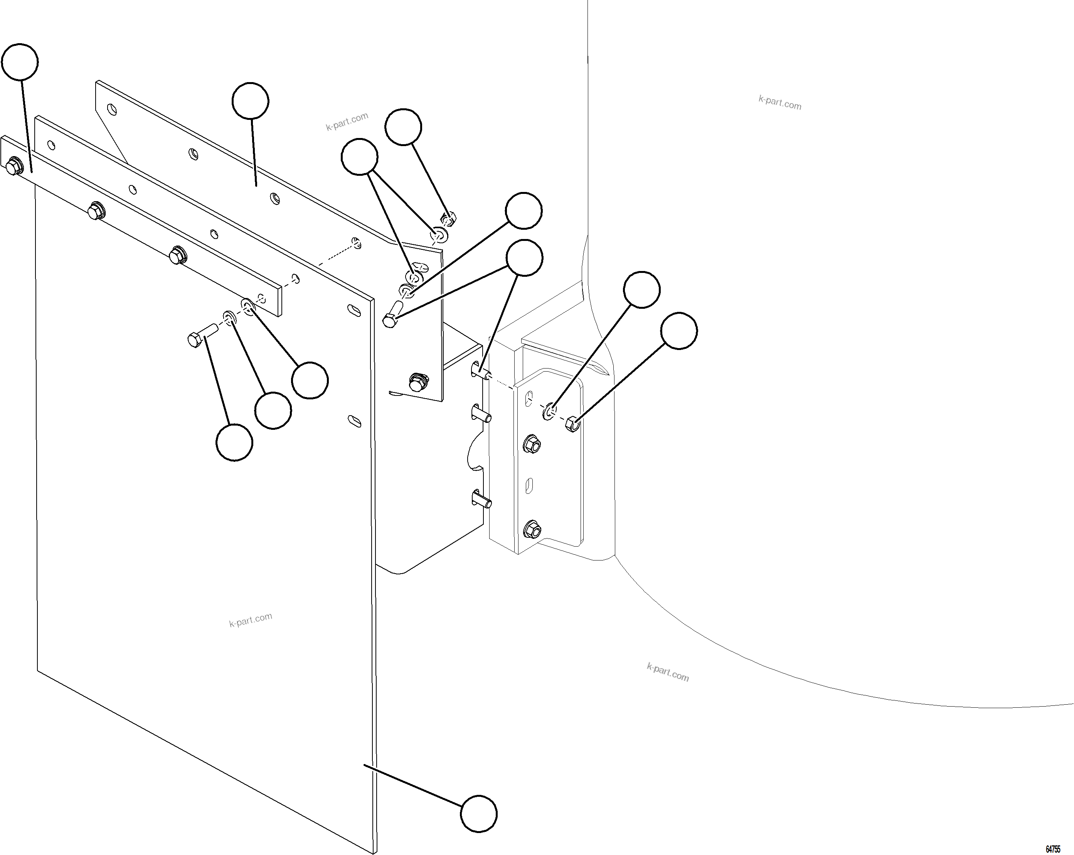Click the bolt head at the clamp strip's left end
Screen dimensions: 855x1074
14,167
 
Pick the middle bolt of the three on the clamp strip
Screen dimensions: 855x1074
95,211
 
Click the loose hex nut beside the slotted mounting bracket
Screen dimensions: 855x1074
573,424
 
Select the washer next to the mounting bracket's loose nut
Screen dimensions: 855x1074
549,412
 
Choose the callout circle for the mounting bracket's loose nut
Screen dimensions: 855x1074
679,331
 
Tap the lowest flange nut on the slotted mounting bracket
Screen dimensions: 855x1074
532,529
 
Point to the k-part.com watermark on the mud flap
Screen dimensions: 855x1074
251,620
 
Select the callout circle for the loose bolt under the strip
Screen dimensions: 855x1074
234,443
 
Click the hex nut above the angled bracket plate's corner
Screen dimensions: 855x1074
448,218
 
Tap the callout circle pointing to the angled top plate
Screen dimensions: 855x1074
251,101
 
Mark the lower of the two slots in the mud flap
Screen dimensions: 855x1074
354,421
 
